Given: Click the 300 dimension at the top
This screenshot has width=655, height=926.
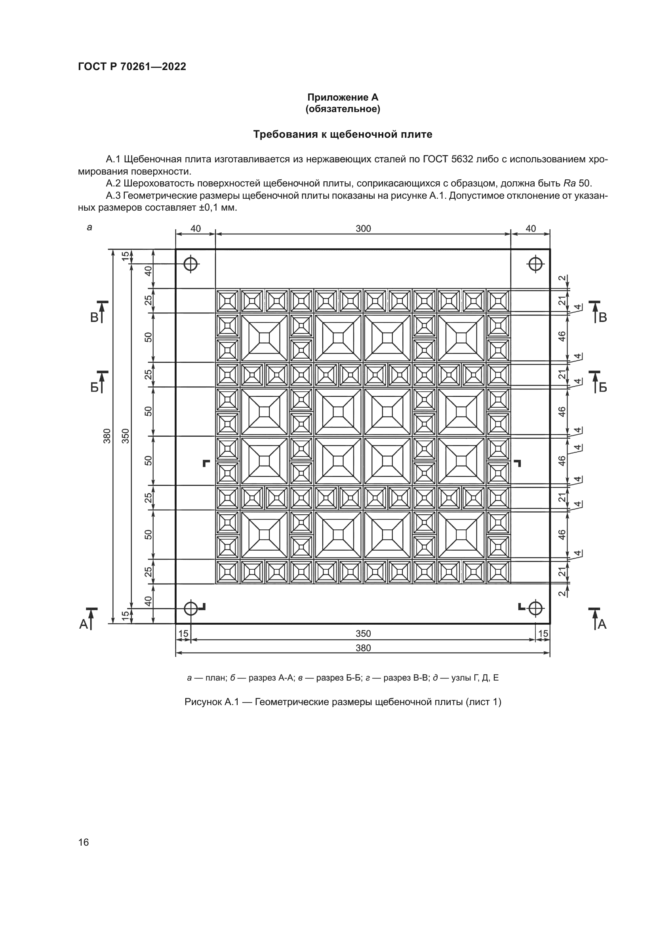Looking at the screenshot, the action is coord(363,229).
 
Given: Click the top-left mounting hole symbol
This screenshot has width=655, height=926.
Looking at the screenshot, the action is coord(190,264).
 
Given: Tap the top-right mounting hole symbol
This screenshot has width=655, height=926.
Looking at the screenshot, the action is coord(535,264).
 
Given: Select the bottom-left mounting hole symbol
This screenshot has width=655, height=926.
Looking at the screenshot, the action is coord(190,608).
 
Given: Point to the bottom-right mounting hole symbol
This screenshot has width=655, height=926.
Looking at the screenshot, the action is coord(535,608).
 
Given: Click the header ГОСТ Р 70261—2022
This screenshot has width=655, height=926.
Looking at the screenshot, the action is coord(132,67).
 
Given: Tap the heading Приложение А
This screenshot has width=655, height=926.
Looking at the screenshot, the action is coord(343,97).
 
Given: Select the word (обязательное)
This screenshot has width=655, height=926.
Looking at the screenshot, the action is coord(343,109).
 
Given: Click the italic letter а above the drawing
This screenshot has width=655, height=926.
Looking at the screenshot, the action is coord(89,228).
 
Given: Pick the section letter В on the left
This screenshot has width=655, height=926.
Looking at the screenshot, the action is coord(94,318).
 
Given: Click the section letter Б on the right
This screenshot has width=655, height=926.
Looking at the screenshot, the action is coord(603,388).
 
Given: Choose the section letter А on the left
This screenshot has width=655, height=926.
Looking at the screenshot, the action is coord(84,625).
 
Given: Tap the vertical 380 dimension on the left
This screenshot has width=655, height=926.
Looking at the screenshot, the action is coord(107,436).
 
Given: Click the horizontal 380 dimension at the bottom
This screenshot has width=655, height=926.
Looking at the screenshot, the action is coord(363,648).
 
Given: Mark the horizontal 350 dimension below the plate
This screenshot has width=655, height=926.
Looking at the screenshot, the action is coord(363,633).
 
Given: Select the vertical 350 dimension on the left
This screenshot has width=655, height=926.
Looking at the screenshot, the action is coord(126,436).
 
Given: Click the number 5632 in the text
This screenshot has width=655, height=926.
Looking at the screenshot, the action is coord(462,159).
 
